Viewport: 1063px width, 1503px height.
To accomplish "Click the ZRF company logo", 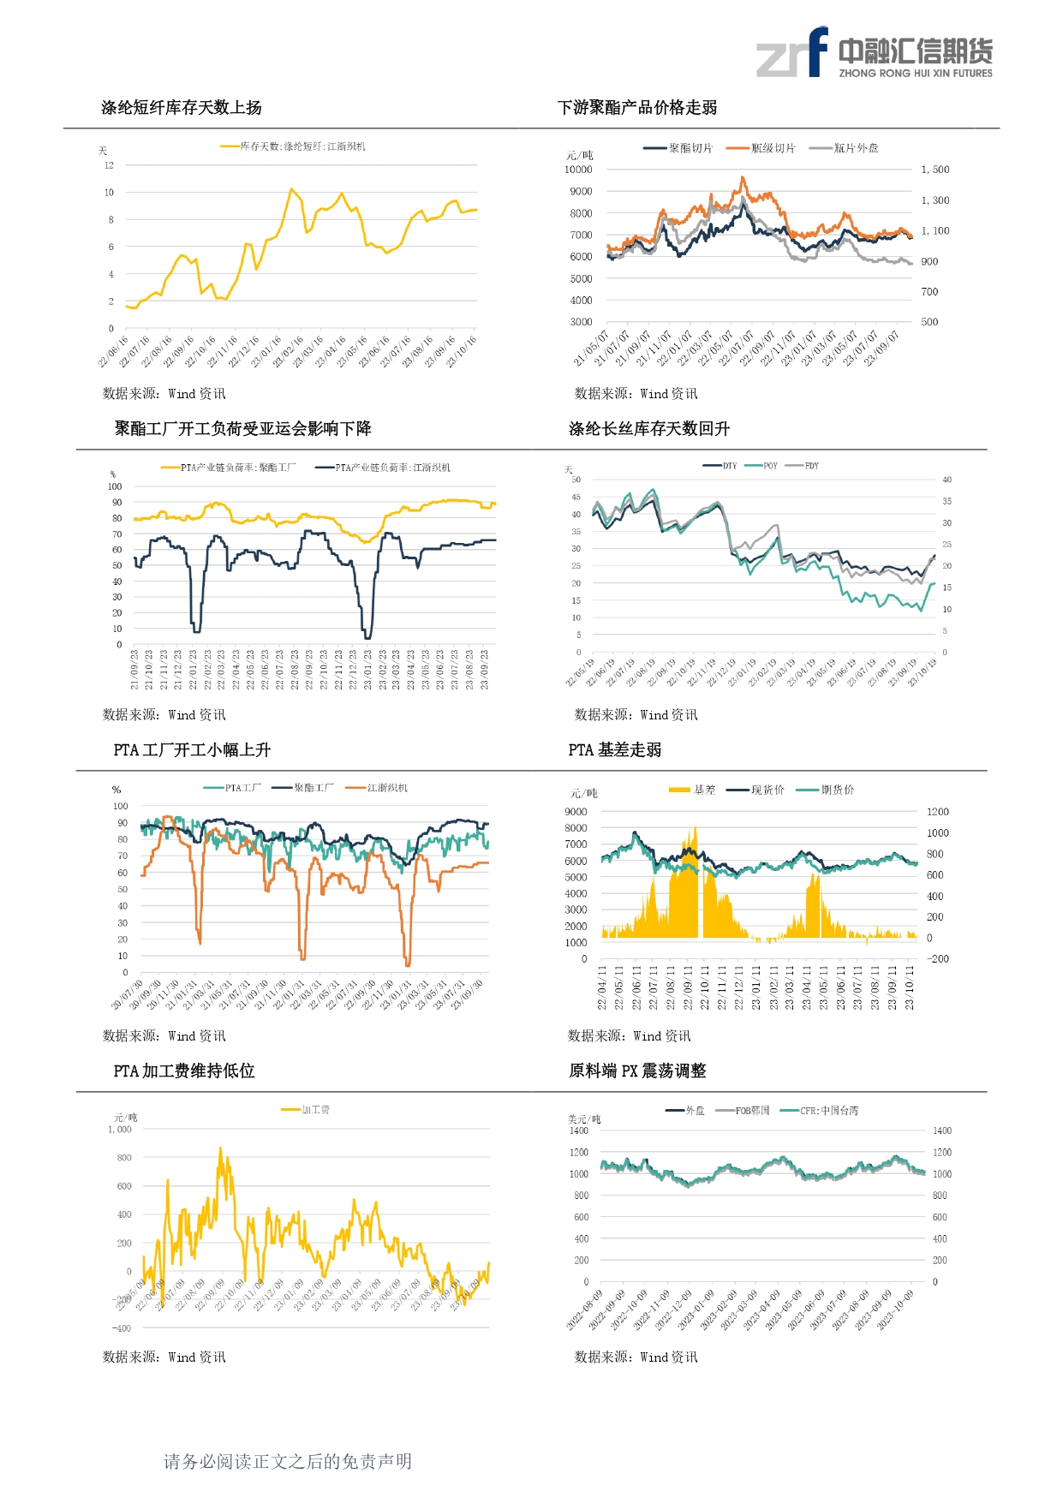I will (874, 53).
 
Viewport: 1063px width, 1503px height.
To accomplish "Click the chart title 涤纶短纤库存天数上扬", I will (182, 108).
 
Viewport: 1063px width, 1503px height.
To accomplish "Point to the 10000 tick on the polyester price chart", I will (578, 170).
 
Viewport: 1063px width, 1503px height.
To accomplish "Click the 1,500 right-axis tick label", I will (935, 170).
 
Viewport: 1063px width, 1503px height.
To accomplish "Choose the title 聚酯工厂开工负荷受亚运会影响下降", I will (243, 429).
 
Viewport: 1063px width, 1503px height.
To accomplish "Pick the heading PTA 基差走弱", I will (615, 750).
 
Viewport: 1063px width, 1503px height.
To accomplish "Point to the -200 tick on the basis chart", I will (939, 959).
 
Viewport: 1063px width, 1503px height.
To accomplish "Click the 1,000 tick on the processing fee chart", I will (120, 1130).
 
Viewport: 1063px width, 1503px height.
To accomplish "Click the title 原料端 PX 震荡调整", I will (638, 1071).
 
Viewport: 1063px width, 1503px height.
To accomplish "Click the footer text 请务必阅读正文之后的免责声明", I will (288, 1462).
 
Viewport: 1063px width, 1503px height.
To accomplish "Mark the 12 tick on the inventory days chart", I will (109, 165).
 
